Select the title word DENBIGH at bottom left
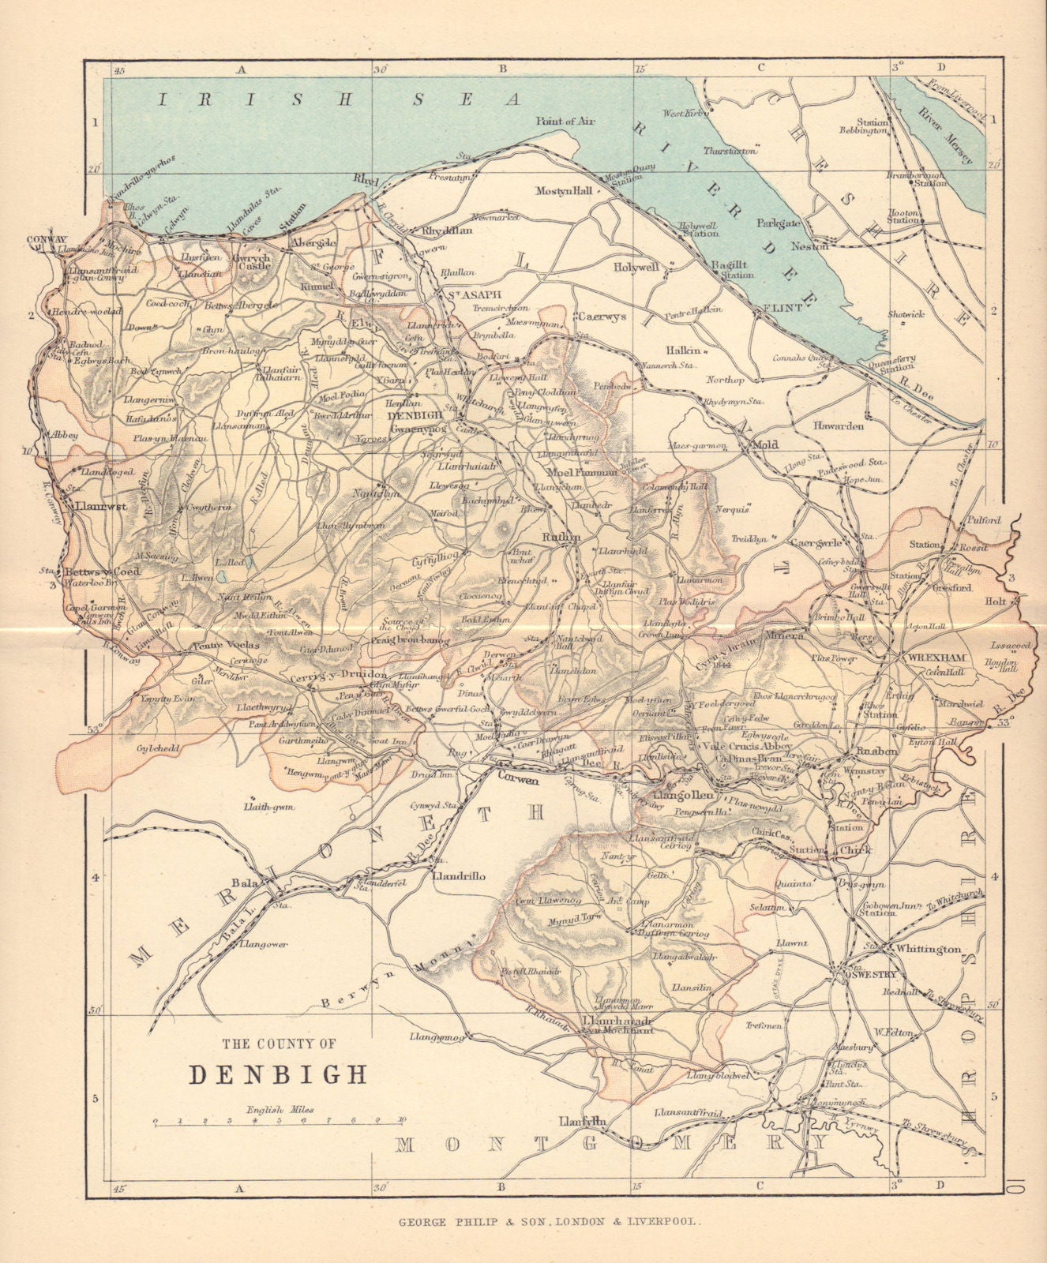(x=277, y=1074)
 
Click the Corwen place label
(x=517, y=780)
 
